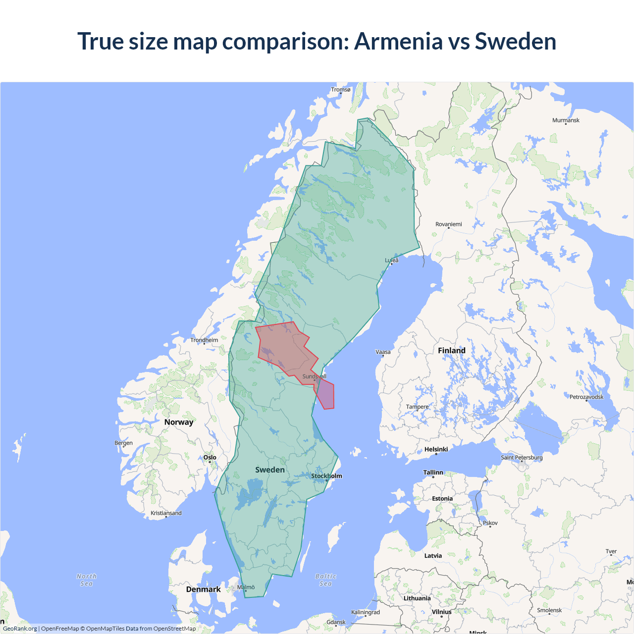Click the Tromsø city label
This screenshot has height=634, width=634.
[x=340, y=90]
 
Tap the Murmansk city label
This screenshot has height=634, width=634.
[x=566, y=120]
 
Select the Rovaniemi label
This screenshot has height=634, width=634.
[x=448, y=224]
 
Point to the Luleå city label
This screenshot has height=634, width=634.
[x=392, y=260]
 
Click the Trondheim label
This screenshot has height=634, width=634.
[x=204, y=340]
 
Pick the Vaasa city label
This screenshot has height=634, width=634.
[x=383, y=352]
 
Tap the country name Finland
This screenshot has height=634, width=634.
[x=451, y=351]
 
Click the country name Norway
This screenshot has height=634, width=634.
[x=179, y=422]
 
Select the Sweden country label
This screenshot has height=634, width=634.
[x=270, y=470]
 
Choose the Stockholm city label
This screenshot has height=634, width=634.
[x=326, y=476]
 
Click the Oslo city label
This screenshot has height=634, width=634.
[x=210, y=458]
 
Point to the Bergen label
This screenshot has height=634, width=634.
[x=123, y=443]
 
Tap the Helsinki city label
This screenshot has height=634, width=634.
[x=436, y=449]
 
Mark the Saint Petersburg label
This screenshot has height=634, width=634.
[x=522, y=457]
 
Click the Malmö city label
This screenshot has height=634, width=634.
[x=246, y=587]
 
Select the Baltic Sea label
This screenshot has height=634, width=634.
[x=325, y=580]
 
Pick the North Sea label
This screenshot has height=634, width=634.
[x=87, y=580]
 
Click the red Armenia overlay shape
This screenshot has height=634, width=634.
[x=285, y=349]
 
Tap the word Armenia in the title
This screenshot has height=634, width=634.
[x=398, y=41]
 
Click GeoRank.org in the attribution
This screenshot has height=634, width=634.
[x=20, y=629]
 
